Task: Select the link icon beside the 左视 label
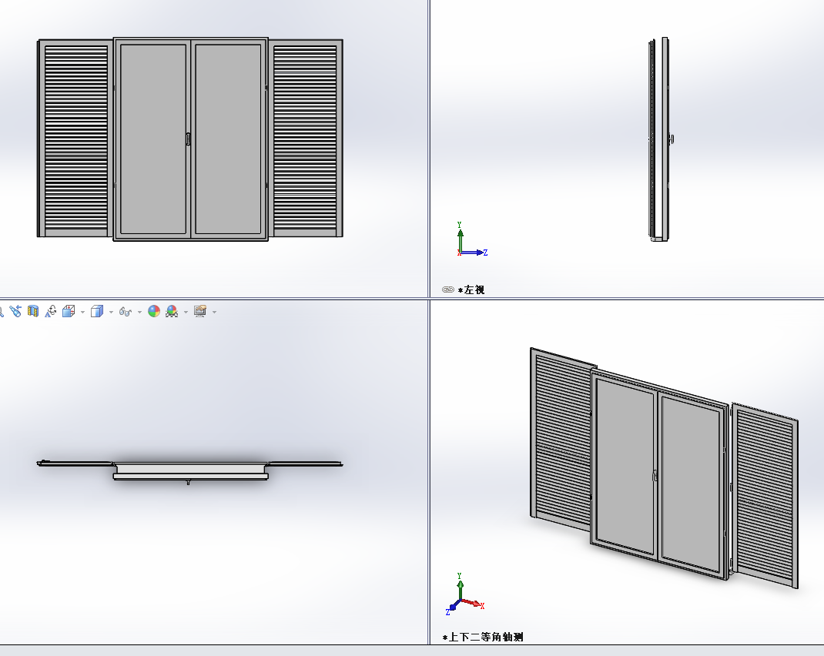(x=447, y=290)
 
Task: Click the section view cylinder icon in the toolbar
(x=33, y=312)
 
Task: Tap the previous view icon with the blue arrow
(x=15, y=312)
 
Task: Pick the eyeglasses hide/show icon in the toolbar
(x=125, y=312)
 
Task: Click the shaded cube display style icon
(x=97, y=312)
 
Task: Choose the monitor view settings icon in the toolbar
(x=199, y=312)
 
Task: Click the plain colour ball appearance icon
(x=154, y=312)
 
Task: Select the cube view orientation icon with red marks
(x=69, y=312)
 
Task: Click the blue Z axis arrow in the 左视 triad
(x=472, y=253)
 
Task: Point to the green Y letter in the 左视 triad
(x=459, y=224)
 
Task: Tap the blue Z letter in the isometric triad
(x=447, y=612)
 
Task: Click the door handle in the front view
(x=188, y=139)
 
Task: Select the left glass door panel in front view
(x=153, y=139)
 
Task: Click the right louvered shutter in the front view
(x=305, y=138)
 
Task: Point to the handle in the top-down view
(x=188, y=482)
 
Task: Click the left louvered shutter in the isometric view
(x=561, y=439)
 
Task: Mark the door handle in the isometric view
(x=655, y=476)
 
